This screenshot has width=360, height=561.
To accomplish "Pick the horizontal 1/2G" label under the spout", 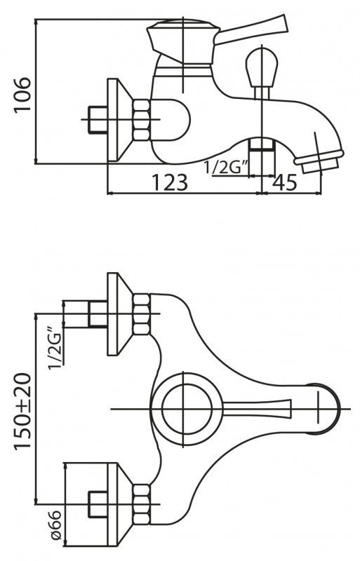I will click(x=224, y=168).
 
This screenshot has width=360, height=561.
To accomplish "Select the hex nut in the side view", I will click(x=142, y=120).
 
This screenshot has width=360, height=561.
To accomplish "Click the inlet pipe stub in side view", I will click(x=93, y=120).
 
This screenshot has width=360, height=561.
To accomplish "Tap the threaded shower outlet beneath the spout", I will click(x=262, y=147).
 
